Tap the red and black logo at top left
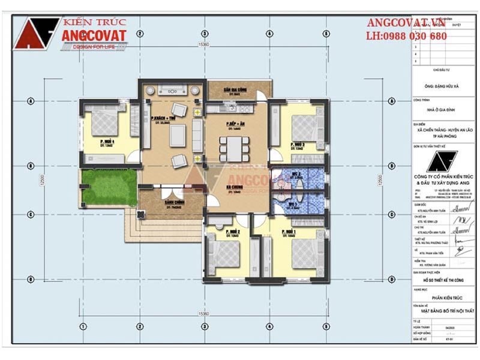[36, 33]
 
